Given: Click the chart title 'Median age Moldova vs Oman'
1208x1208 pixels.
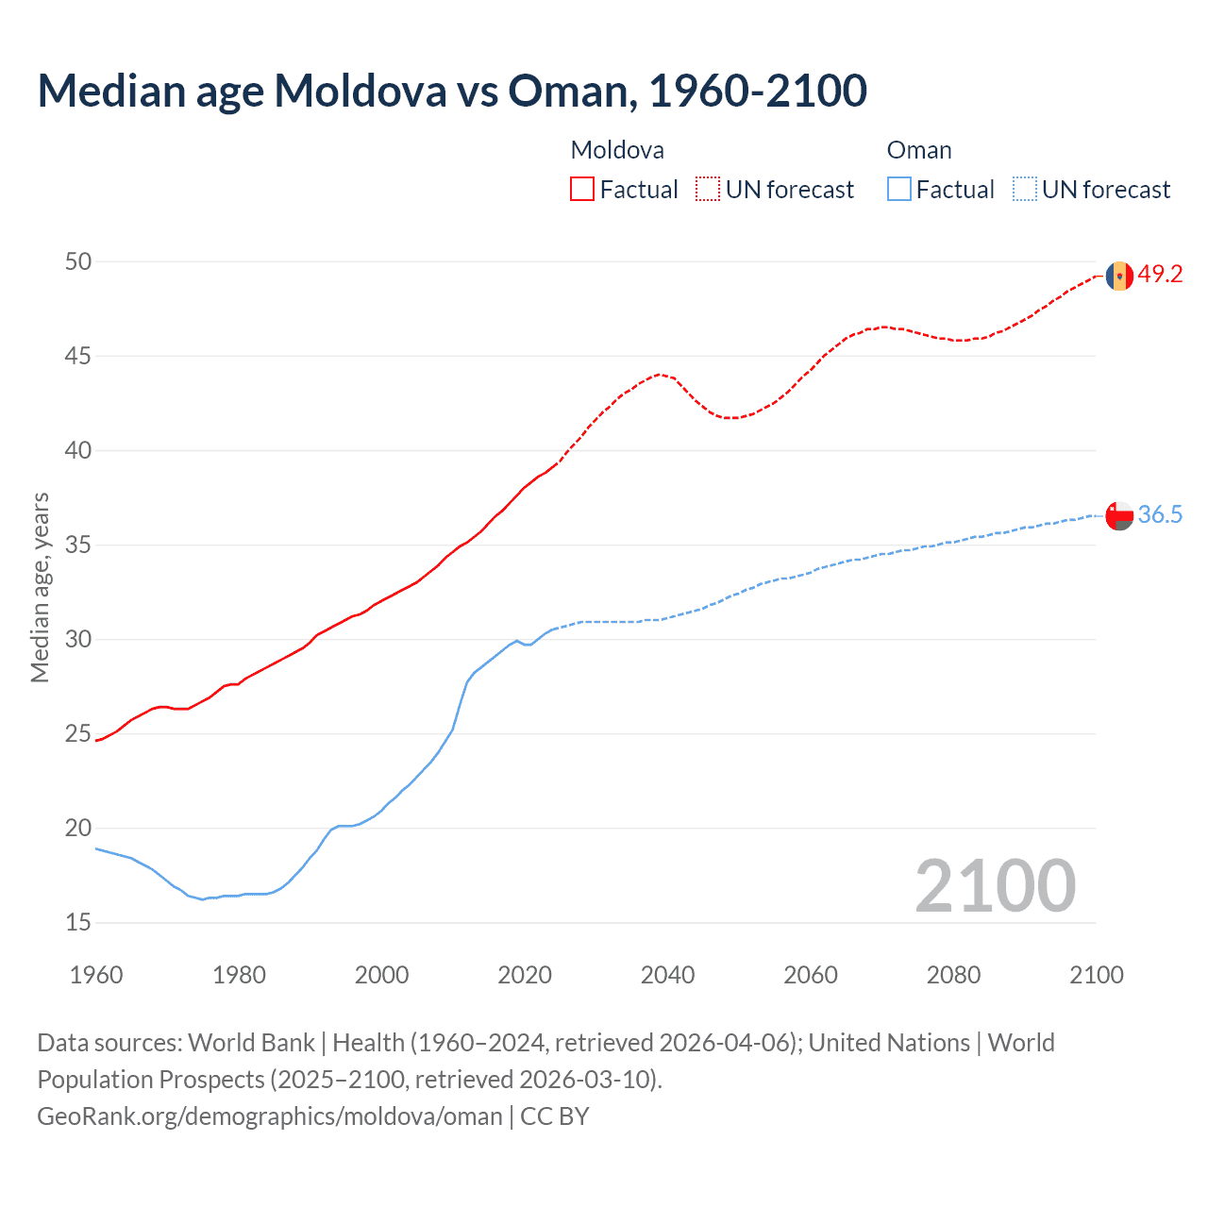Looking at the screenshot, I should click(x=451, y=91).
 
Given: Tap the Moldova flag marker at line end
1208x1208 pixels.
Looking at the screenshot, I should click(x=1119, y=276).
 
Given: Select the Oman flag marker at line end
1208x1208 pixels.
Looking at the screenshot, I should click(x=1119, y=515).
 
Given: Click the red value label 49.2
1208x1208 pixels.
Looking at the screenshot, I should click(x=1160, y=275).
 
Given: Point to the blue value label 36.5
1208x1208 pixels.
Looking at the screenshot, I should click(x=1160, y=514).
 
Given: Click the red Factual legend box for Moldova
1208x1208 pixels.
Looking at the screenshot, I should click(x=582, y=190).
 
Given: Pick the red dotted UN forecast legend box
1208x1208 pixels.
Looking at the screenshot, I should click(x=708, y=190).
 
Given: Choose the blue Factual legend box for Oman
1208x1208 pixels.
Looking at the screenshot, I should click(x=898, y=190).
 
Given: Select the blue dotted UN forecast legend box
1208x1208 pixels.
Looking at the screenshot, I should click(x=1024, y=190).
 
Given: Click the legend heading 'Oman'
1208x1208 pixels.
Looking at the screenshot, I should click(x=919, y=150).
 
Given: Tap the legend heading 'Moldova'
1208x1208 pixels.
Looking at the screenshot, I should click(x=617, y=150).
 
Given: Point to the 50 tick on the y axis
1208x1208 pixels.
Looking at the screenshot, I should click(x=78, y=261).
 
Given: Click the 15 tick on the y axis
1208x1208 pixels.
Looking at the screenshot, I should click(x=78, y=922).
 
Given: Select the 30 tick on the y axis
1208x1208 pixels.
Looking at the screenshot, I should click(x=78, y=639).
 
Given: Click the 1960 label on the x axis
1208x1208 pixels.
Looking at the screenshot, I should click(x=96, y=975).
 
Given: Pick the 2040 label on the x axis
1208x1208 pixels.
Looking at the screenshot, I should click(x=667, y=975).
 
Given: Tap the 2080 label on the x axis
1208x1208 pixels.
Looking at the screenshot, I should click(x=953, y=975).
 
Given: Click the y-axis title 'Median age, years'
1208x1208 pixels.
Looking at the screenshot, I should click(x=40, y=587).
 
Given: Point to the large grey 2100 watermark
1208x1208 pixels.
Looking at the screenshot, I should click(x=995, y=885).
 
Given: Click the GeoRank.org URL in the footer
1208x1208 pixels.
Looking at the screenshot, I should click(x=270, y=1116).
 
